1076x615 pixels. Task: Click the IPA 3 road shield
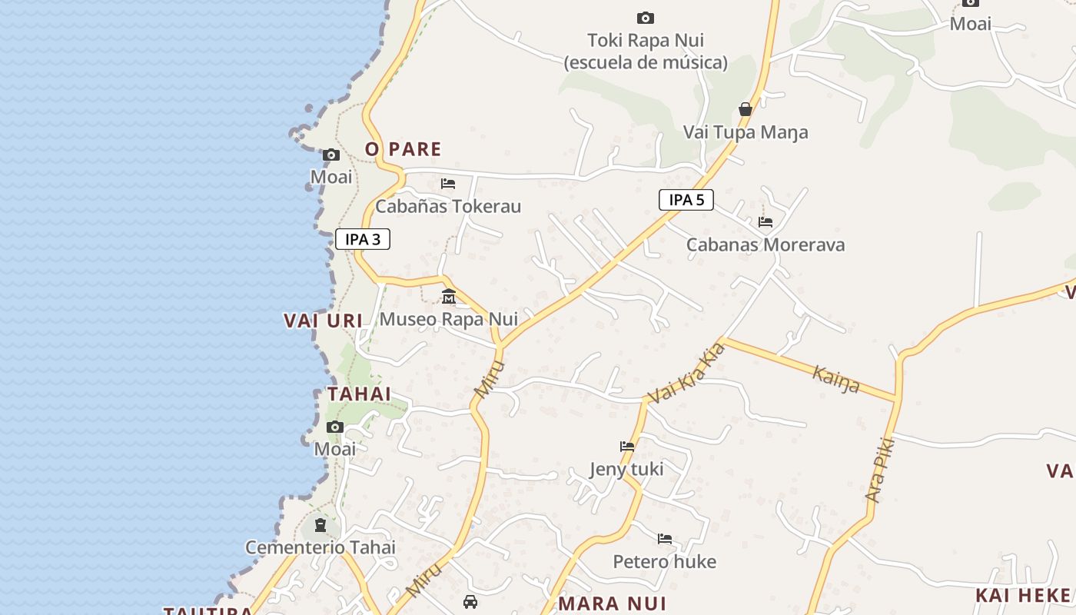pos(363,239)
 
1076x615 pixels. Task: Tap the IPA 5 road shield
pos(686,200)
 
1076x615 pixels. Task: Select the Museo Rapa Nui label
pos(449,318)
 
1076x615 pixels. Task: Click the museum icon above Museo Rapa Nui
pos(449,296)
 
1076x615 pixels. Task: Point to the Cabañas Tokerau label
pos(448,206)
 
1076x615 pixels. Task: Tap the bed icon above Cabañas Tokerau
pos(448,184)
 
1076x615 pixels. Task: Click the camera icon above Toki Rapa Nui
pos(646,18)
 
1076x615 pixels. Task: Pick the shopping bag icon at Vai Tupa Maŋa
pos(745,109)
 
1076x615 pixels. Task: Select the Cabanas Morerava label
pos(765,244)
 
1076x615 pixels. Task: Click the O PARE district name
pos(403,149)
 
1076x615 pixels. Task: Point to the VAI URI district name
pos(323,321)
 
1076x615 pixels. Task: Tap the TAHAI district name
pos(359,394)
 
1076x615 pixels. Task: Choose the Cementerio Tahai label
pos(320,547)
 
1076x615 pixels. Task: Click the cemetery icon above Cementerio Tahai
pos(320,525)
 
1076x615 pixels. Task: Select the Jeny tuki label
pos(626,469)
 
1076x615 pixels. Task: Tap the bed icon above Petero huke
pos(665,539)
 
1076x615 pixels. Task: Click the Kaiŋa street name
pos(836,378)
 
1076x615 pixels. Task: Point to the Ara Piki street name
pos(881,469)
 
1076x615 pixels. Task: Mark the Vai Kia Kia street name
pos(686,374)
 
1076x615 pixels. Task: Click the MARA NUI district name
pos(612,603)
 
